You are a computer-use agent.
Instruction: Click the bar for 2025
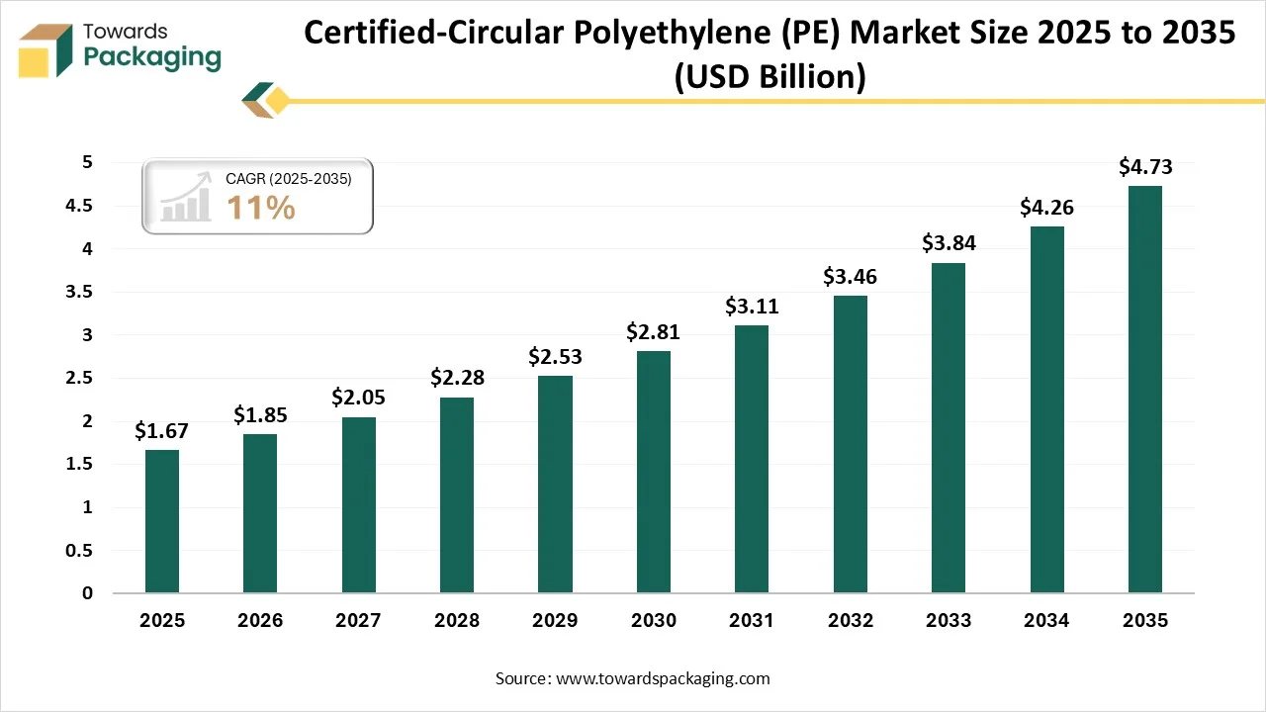click(162, 521)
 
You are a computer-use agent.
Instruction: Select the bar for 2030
click(654, 472)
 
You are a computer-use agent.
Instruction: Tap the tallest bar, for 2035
click(1145, 389)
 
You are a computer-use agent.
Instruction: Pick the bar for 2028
click(457, 494)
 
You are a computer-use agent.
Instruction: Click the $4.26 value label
click(1047, 208)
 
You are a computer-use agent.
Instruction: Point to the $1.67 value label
click(162, 431)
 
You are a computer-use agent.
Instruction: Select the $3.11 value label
click(752, 307)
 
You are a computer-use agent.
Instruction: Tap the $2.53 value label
click(555, 356)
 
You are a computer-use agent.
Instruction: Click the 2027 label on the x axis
click(359, 621)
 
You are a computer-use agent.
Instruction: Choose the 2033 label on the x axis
click(949, 621)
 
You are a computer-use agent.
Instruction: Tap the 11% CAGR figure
click(261, 208)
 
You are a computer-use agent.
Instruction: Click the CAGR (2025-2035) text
click(289, 179)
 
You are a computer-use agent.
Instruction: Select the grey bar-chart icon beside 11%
click(187, 197)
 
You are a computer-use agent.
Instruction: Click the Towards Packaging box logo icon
click(46, 49)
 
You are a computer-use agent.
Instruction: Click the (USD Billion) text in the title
click(769, 76)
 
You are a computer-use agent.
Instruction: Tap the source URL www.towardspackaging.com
click(664, 678)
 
